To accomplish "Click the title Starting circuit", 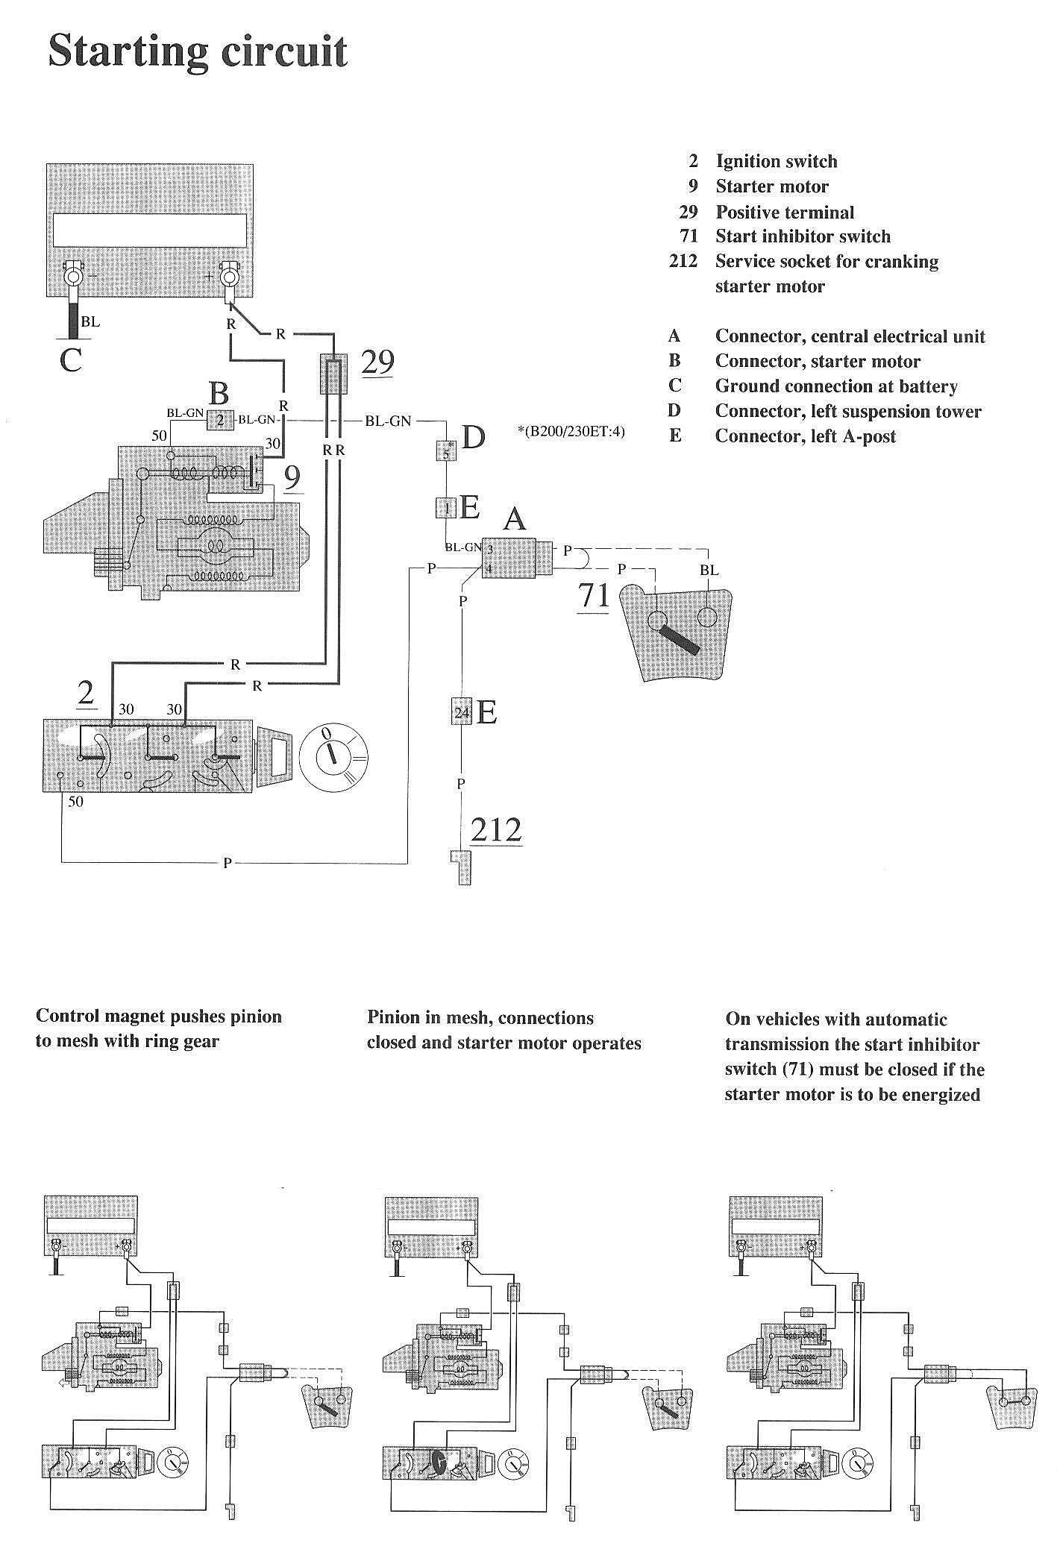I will [198, 52].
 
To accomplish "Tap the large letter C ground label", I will [70, 360].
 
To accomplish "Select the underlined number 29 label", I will [377, 362].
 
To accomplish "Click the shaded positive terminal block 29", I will [334, 373].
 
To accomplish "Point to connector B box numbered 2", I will [220, 420].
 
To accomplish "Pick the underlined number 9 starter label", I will [293, 478].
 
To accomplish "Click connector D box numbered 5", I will [446, 452].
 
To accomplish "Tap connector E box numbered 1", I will [446, 509].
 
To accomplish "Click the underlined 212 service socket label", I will [496, 829].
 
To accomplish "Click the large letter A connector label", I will [515, 518].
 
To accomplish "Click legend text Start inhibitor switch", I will [803, 236].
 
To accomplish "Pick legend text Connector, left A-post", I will [805, 436].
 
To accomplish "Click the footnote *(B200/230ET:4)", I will [571, 431].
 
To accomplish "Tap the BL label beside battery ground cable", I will [90, 322].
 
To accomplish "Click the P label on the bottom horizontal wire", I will [228, 863].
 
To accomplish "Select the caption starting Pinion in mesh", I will [504, 1030].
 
